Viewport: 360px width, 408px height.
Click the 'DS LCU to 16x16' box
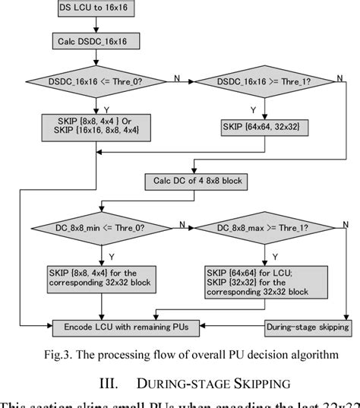point(94,8)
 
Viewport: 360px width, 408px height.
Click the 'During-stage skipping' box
point(306,327)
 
